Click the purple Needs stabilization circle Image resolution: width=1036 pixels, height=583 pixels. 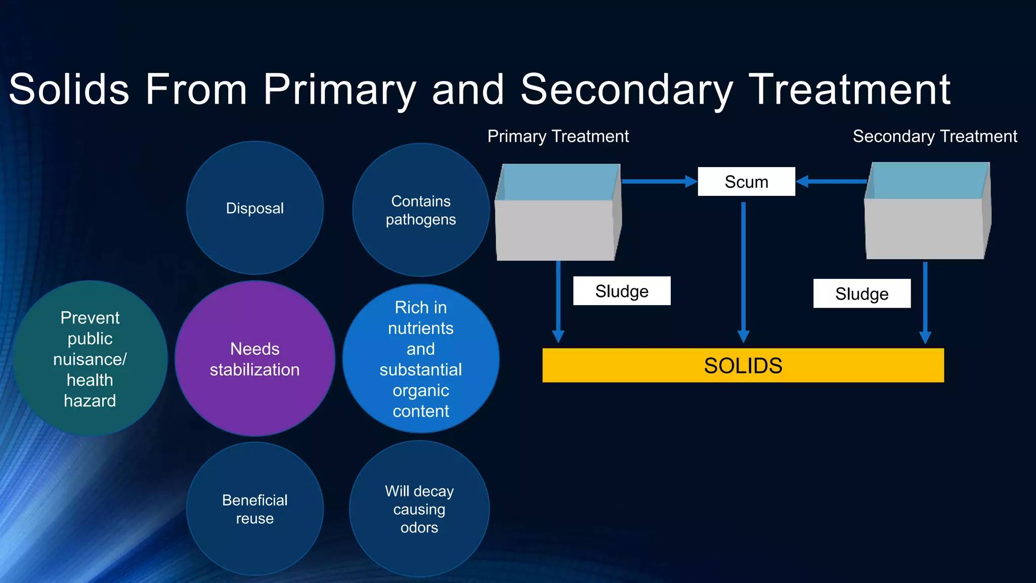[x=254, y=358]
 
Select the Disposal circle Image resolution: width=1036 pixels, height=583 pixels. [x=254, y=208]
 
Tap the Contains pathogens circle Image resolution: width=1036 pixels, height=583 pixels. [x=420, y=210]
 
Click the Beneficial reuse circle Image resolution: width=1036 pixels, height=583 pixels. [x=254, y=509]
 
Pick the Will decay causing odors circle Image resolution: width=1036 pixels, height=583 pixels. [x=419, y=509]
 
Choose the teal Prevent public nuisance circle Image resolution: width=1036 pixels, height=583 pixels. [x=90, y=358]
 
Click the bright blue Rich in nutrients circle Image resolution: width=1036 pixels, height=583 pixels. [x=420, y=358]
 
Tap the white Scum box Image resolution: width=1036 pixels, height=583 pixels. [x=746, y=181]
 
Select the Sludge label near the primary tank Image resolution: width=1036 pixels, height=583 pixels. [x=622, y=291]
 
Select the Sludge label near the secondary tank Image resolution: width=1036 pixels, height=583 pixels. [x=861, y=294]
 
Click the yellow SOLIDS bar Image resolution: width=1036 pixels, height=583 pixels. [x=743, y=365]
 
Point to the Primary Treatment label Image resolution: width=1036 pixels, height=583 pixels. [x=557, y=136]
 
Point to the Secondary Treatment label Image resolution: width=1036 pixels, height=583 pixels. [x=934, y=136]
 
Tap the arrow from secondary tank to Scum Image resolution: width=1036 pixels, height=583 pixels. [x=832, y=181]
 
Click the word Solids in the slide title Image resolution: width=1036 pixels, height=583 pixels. [x=69, y=89]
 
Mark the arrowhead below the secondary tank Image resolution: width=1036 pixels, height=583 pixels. [x=925, y=338]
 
